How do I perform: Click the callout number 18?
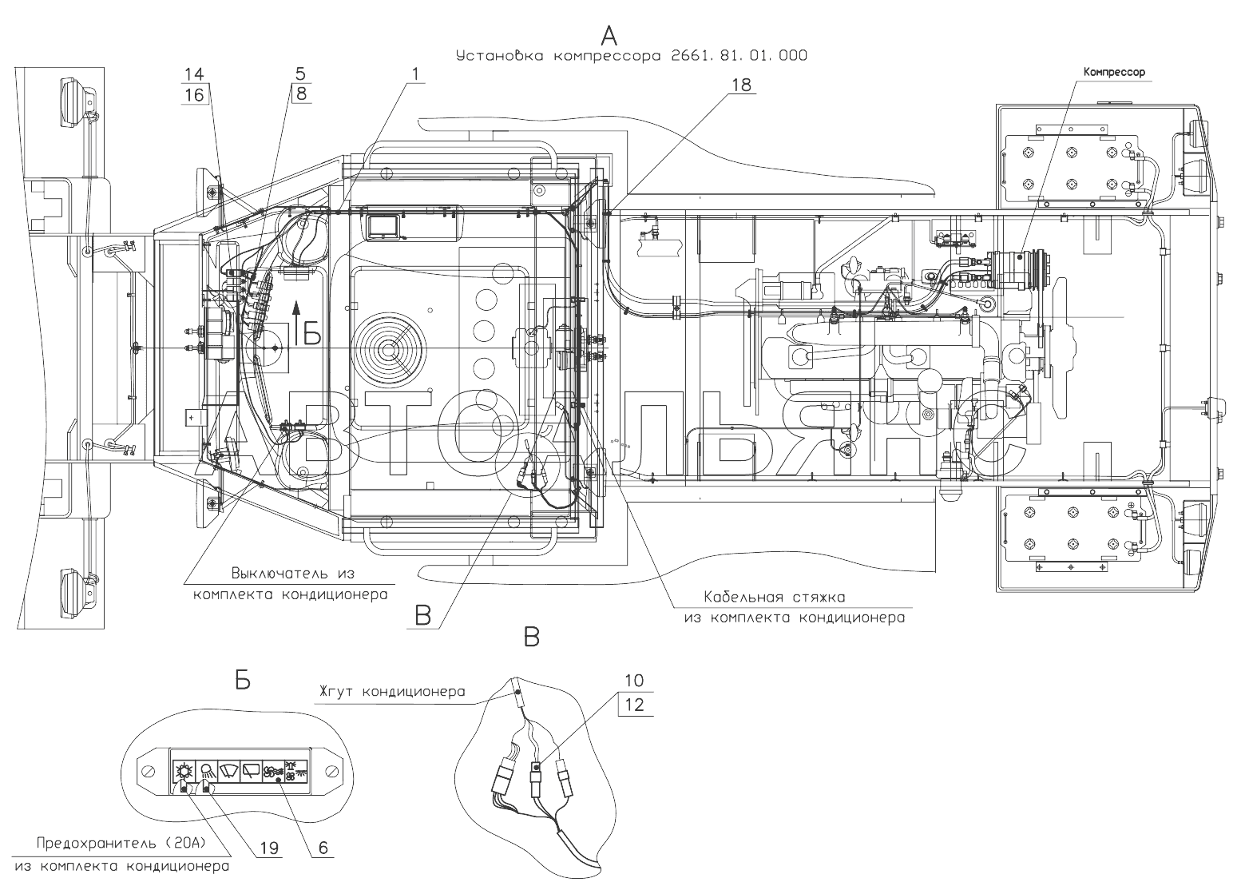pos(741,85)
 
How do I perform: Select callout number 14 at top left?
pos(194,73)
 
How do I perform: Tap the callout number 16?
pos(194,95)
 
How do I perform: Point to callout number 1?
pos(415,73)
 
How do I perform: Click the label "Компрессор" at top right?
pos(1113,72)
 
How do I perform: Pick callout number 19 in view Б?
pos(269,848)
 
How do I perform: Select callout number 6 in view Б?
pos(323,848)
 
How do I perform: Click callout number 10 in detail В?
pos(634,680)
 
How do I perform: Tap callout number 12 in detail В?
pos(634,705)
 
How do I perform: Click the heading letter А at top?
pos(609,36)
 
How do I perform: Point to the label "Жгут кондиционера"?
pos(391,692)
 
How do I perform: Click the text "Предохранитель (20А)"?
pos(121,843)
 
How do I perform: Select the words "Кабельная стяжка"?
pos(775,597)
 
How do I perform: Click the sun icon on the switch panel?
pos(184,771)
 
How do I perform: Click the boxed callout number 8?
pos(301,93)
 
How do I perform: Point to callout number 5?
pos(301,73)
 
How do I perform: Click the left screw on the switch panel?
pos(149,771)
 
